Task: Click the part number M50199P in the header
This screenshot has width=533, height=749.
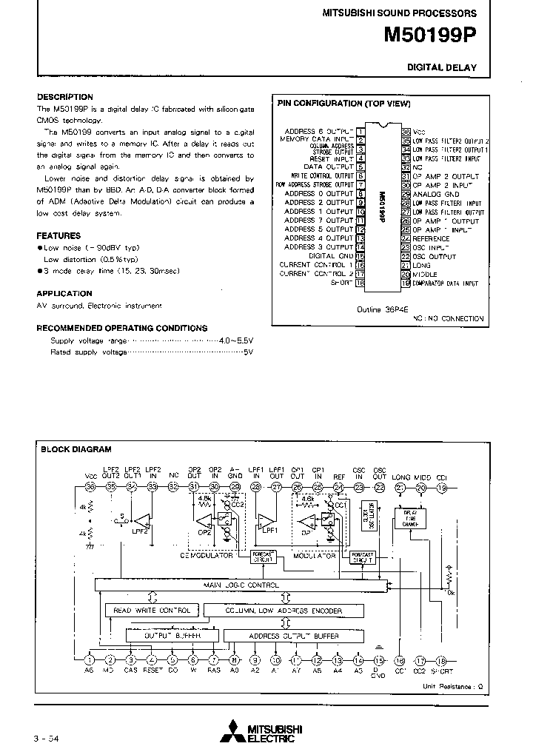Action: pos(430,35)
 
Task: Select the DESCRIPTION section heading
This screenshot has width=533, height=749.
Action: pos(65,97)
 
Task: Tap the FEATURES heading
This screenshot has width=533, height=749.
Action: pos(59,236)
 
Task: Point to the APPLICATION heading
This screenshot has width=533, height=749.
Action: pos(64,294)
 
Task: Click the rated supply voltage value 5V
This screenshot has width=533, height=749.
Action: pos(248,352)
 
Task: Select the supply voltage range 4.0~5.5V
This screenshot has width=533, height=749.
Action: pos(236,340)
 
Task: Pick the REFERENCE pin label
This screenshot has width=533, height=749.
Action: pos(431,238)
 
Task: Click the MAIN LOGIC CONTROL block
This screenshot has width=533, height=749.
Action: pos(241,585)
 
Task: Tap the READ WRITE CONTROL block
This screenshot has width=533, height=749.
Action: pos(152,611)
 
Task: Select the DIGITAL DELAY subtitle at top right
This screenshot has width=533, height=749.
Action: pos(442,67)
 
